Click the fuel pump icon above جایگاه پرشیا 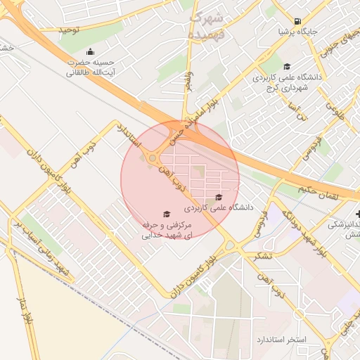(298, 21)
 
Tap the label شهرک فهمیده (207, 25)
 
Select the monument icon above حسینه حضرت (90, 51)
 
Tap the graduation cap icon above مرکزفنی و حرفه (167, 214)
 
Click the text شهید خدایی (167, 236)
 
